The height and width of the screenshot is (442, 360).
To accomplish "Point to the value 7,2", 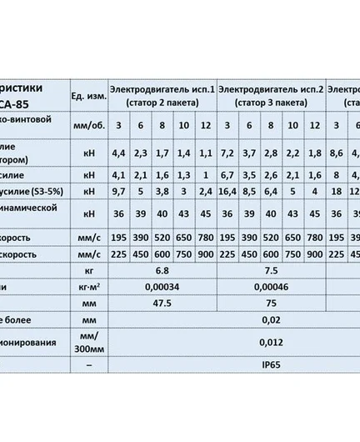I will (x=224, y=153).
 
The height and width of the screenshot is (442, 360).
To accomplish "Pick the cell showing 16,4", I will (x=224, y=190).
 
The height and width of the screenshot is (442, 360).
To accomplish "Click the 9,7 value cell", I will (x=118, y=190).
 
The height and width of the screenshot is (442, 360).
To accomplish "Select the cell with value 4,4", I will (x=118, y=153).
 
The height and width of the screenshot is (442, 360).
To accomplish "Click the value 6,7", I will (x=224, y=175).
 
